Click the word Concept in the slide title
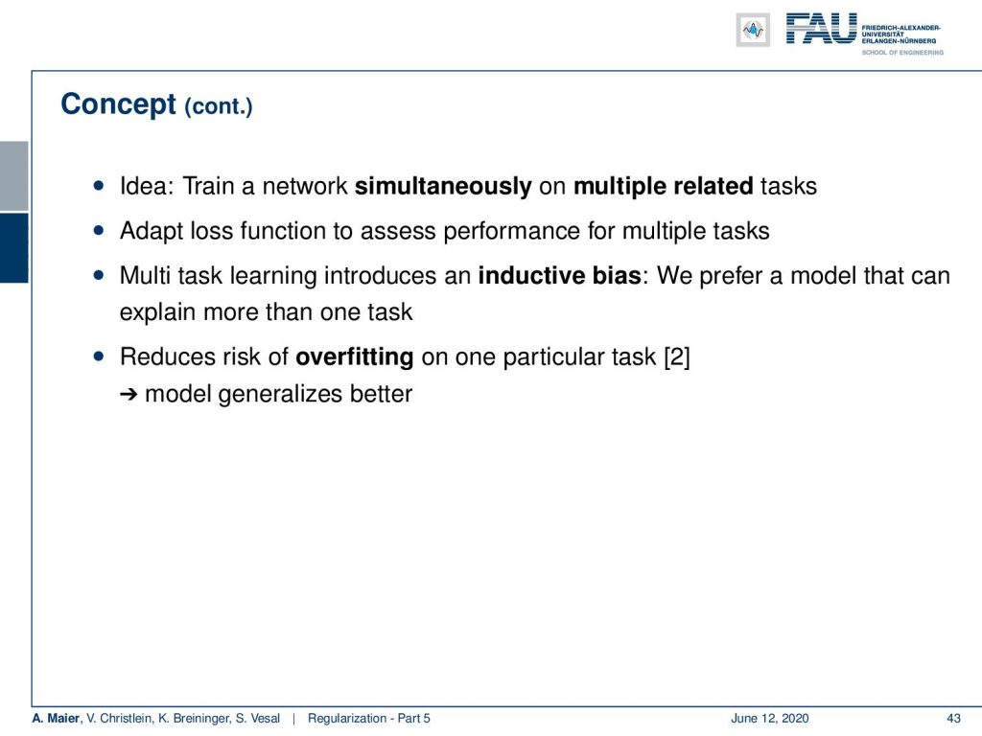[118, 104]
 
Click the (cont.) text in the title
[219, 106]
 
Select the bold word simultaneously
[443, 187]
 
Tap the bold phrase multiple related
[664, 187]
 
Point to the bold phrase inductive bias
[559, 275]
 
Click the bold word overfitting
[355, 356]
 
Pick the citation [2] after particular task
[677, 356]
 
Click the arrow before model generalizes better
[129, 394]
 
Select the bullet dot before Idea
[99, 185]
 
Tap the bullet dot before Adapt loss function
[99, 230]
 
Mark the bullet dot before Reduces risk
[99, 356]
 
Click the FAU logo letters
[821, 29]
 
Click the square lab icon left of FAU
[753, 30]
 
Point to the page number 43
[953, 719]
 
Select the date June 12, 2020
[770, 719]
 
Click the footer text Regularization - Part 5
[369, 719]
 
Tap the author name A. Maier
[57, 719]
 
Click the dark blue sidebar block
[13, 248]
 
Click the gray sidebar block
[13, 176]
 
